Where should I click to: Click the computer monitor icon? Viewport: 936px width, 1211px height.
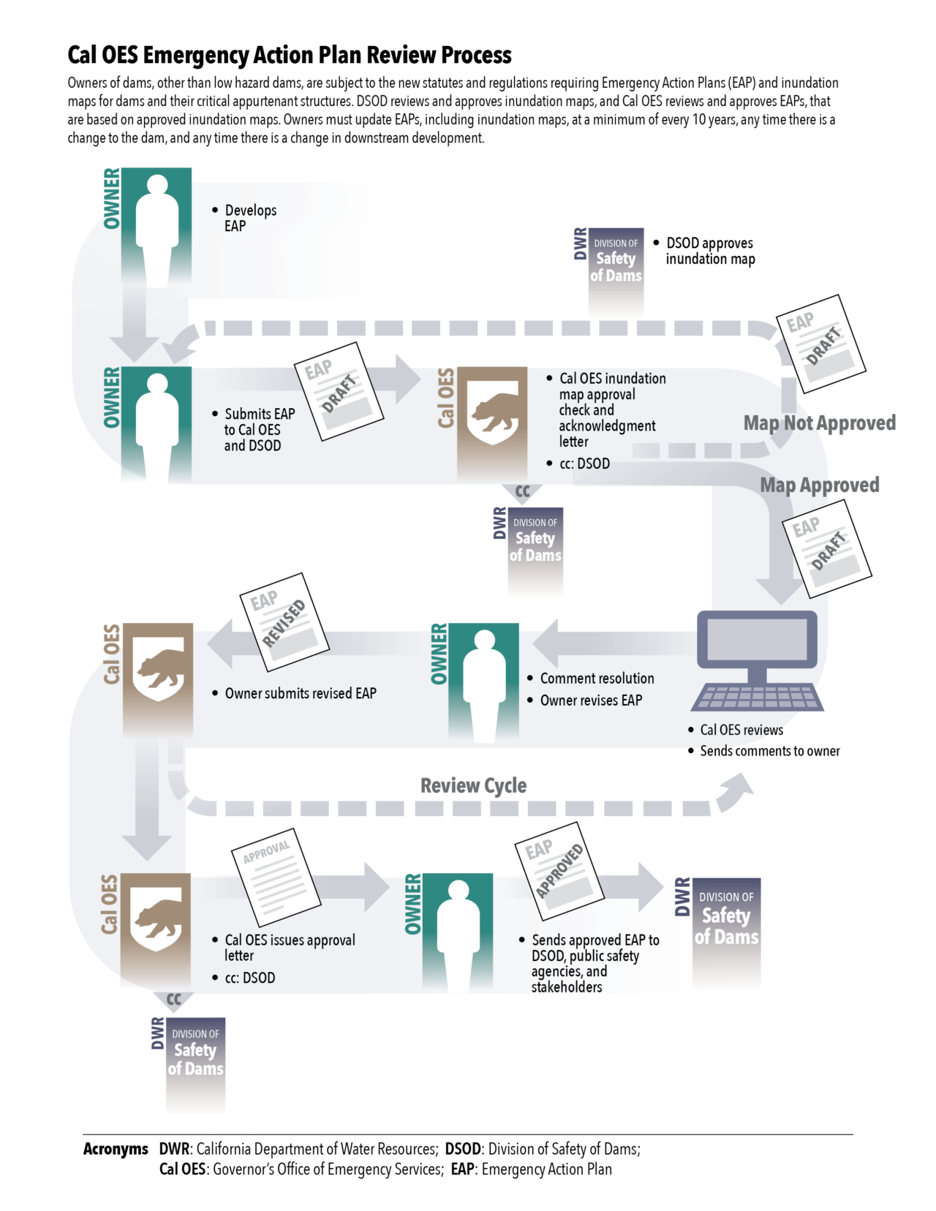[x=757, y=639]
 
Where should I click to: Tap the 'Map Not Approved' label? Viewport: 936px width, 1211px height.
[x=819, y=423]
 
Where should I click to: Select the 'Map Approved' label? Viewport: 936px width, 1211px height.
[x=819, y=485]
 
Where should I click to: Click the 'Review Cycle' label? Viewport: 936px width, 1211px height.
[x=473, y=785]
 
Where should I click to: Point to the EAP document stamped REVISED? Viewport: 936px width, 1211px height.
[x=284, y=622]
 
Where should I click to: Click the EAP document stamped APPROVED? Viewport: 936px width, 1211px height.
[x=559, y=870]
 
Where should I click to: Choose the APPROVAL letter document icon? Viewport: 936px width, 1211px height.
[x=276, y=878]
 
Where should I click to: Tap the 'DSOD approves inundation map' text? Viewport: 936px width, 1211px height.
[x=709, y=251]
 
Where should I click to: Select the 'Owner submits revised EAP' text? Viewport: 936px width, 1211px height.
[x=300, y=693]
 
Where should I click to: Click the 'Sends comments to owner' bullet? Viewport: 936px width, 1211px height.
[x=769, y=751]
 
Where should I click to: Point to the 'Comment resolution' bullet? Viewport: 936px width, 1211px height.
[x=597, y=679]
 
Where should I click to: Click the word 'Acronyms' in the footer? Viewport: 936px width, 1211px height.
[x=116, y=1149]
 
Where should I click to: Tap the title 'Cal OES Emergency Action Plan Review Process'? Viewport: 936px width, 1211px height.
[x=290, y=56]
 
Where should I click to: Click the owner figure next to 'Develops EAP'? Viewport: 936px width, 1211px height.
[x=156, y=227]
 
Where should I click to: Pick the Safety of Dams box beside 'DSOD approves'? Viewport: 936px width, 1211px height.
[x=616, y=267]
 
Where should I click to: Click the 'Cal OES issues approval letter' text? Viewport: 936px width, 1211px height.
[x=290, y=948]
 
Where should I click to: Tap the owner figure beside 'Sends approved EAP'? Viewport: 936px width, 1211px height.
[x=458, y=932]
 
